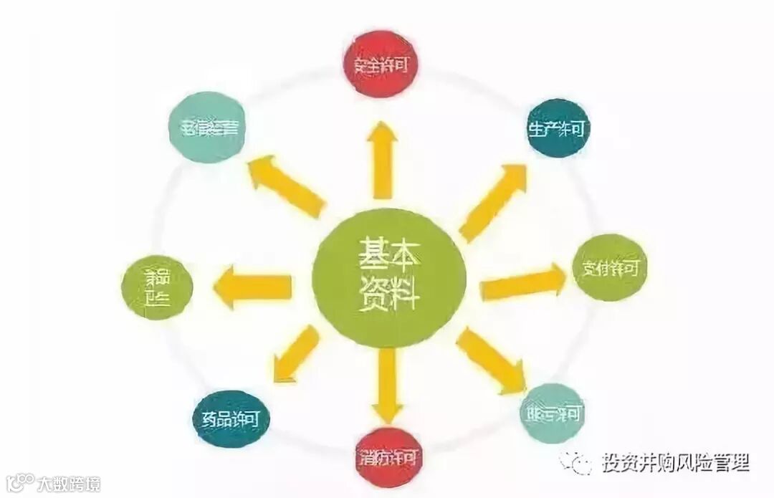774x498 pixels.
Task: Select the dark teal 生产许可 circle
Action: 559,129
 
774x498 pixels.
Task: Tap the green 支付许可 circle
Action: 610,268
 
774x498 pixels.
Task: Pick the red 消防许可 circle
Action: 387,456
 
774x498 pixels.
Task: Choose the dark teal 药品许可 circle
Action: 231,419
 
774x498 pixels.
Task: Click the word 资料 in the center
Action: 388,295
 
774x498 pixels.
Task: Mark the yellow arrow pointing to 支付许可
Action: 522,282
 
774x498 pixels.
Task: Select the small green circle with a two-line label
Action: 158,287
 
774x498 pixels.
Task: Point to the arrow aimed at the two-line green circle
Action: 252,287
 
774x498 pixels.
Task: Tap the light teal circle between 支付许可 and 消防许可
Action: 551,413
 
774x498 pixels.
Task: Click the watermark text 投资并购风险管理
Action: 675,462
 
